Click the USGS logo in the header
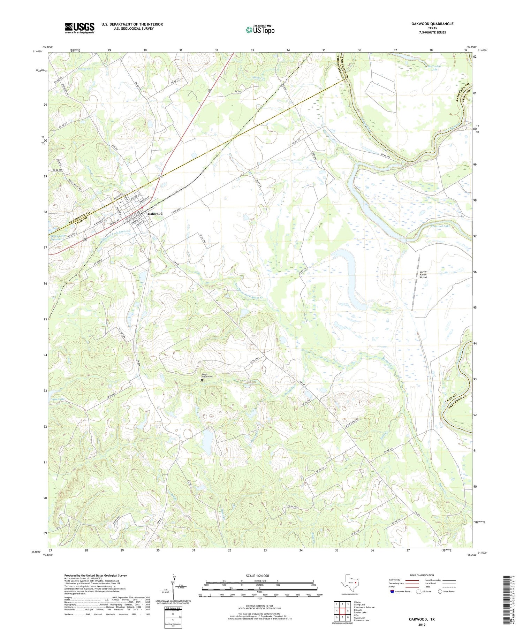point(79,28)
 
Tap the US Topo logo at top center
point(260,30)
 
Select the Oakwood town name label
point(155,214)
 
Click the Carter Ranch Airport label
point(423,274)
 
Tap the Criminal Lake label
point(431,226)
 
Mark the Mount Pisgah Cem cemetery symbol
point(202,380)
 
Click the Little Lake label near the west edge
point(58,399)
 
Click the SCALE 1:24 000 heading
point(259,576)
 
